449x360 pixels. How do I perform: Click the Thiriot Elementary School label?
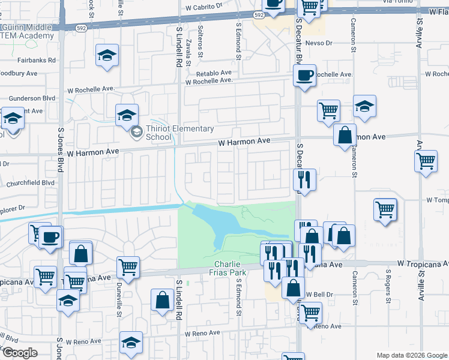point(179,133)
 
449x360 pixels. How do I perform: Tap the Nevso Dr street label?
point(319,43)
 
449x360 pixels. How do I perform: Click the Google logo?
point(20,352)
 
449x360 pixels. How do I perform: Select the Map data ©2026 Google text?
point(411,355)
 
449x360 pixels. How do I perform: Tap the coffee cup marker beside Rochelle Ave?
point(305,76)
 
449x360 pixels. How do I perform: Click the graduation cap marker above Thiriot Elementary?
point(127,115)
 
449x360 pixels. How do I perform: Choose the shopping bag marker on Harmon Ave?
point(345,135)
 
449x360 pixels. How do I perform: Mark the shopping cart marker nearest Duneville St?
point(128,267)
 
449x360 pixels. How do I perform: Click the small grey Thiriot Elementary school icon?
point(136,132)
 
